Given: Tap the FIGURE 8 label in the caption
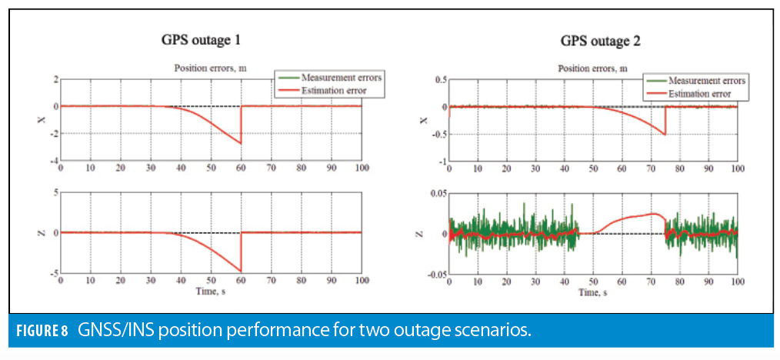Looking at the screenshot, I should (x=46, y=332).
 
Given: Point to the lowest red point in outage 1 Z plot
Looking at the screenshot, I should (x=241, y=271).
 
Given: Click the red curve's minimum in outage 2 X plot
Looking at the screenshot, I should (x=665, y=135).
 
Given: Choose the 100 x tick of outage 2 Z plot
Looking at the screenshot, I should (x=736, y=283).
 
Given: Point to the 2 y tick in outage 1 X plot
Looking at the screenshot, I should (x=54, y=79).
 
